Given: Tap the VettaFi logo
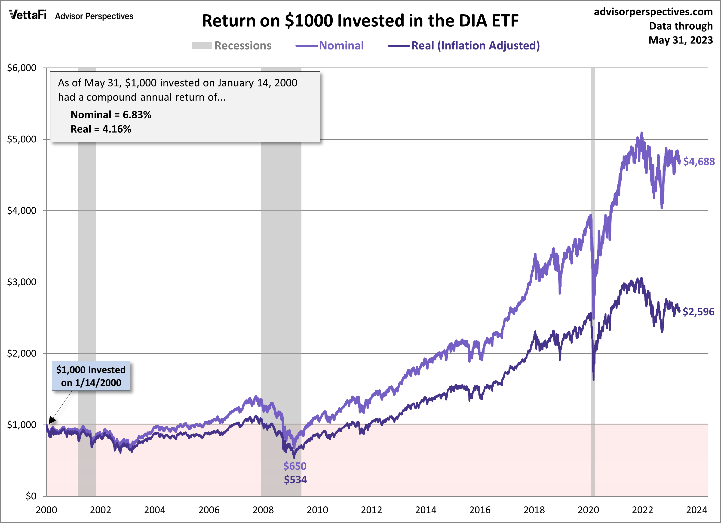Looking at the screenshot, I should pyautogui.click(x=28, y=15).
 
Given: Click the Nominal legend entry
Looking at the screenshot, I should pyautogui.click(x=341, y=46).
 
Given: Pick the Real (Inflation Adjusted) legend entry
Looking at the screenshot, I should pyautogui.click(x=475, y=46).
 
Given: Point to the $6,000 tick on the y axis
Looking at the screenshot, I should pyautogui.click(x=22, y=68).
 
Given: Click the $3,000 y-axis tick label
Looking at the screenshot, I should pyautogui.click(x=22, y=282).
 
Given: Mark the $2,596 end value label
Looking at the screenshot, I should pyautogui.click(x=698, y=312).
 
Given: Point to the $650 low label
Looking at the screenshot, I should pyautogui.click(x=295, y=466).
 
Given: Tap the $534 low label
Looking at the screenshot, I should pyautogui.click(x=295, y=480).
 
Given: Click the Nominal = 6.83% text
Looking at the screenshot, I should pyautogui.click(x=111, y=115).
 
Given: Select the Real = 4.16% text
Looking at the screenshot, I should pyautogui.click(x=101, y=129).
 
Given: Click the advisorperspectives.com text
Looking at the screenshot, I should pyautogui.click(x=653, y=12).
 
